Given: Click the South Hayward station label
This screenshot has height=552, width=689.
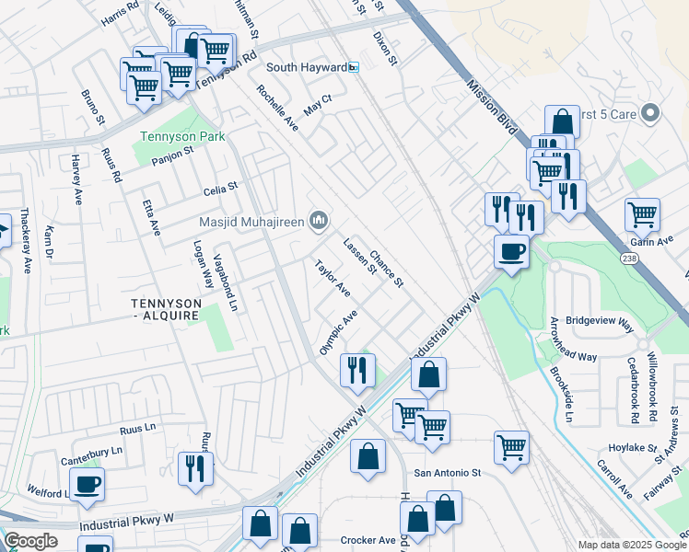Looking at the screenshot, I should pos(306,67).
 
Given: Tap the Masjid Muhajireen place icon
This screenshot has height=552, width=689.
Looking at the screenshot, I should pos(320,219).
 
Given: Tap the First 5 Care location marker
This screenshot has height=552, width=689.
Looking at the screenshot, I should pos(650,114).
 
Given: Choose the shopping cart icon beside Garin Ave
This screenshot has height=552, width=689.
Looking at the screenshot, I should pos(642,214).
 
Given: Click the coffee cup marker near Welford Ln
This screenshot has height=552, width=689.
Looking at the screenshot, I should pos(88,485).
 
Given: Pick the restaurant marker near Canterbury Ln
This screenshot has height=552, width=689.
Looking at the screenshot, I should pos(195,468).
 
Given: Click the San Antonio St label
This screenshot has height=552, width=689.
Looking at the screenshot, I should pos(448,473).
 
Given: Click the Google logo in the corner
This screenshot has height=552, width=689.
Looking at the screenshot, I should pos(30,541).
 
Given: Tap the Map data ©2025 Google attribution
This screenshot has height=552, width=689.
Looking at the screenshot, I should pos(632,545).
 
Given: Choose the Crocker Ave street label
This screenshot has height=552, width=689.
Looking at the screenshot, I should pos(368,540).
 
